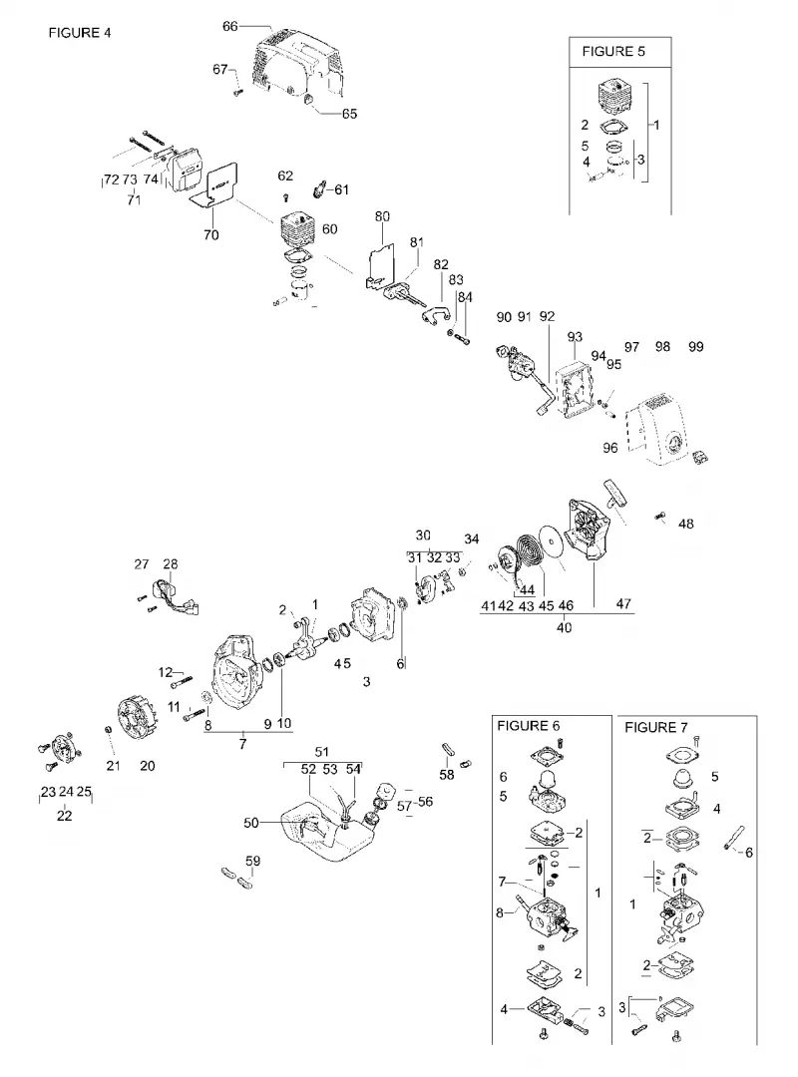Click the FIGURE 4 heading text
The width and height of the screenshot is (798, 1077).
pos(80,33)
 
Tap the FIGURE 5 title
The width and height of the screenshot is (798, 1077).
pos(613,52)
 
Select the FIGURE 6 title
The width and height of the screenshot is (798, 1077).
pos(529,726)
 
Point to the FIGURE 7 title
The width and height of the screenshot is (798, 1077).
pos(655,727)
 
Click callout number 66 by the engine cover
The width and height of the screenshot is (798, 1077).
pos(230,26)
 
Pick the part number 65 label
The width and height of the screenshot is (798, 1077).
pos(350,114)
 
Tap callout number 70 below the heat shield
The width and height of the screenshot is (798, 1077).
pos(211,235)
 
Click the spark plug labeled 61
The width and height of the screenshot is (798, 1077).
pos(319,188)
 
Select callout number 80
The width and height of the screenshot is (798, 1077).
pos(382,217)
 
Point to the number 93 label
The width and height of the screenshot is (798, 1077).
pos(575,337)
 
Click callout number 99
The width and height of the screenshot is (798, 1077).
pos(696,347)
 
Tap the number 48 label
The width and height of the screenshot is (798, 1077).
pos(686,525)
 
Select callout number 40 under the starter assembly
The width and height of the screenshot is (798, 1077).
pos(564,628)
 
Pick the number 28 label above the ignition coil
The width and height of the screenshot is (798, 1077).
pos(171,563)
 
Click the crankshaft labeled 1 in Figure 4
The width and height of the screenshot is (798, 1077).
pos(308,644)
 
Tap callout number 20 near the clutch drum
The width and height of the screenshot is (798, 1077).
pos(147,766)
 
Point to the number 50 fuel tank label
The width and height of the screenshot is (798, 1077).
pos(251,823)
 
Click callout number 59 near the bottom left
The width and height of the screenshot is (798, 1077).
pos(253,862)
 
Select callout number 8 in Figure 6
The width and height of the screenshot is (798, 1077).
pos(500,912)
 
